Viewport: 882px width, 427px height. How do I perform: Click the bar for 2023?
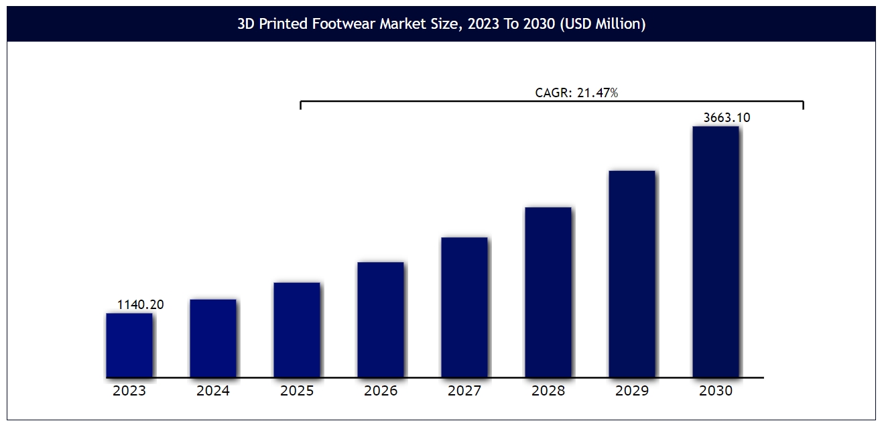click(x=129, y=345)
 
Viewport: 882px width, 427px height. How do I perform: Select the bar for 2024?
click(x=213, y=338)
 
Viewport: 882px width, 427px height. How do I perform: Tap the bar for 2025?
click(x=297, y=330)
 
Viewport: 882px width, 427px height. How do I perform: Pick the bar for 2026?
click(x=381, y=320)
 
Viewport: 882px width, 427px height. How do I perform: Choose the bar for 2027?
click(x=464, y=307)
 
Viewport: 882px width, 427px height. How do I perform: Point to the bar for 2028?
click(x=548, y=292)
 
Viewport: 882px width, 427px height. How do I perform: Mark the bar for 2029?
click(x=632, y=273)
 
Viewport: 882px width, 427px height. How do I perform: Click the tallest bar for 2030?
click(x=716, y=251)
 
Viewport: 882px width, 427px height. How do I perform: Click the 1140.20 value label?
click(x=141, y=305)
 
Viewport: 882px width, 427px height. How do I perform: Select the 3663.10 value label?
click(x=727, y=118)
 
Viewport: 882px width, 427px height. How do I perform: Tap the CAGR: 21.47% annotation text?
click(x=576, y=93)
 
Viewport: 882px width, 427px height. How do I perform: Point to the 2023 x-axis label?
click(x=129, y=391)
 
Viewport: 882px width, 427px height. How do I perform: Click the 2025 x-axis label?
click(x=297, y=391)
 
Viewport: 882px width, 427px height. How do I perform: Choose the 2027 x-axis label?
click(x=464, y=391)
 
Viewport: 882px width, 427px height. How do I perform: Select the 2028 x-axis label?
click(x=548, y=391)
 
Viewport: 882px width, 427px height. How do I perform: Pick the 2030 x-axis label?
click(x=716, y=391)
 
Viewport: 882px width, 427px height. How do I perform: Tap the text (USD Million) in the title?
click(x=605, y=25)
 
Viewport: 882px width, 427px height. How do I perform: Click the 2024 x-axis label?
click(x=213, y=391)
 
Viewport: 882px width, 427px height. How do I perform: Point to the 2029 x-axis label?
click(x=632, y=391)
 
